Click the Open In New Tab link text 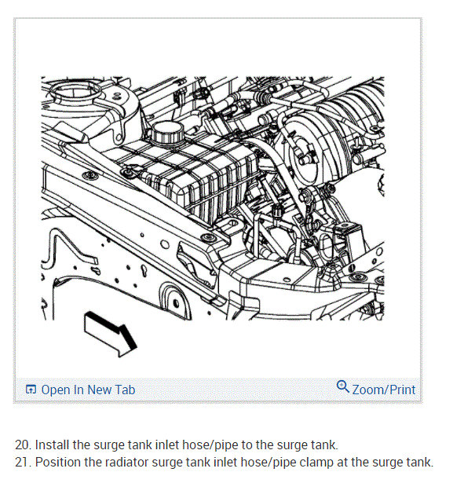pos(88,390)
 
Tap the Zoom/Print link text pos(383,390)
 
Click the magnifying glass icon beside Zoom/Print pos(343,386)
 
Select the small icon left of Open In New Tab pos(31,390)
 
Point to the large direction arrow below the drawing pos(111,335)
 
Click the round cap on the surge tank pos(168,132)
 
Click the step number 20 pos(24,445)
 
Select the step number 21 pos(24,462)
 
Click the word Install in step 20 pos(53,445)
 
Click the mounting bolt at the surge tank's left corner pos(128,172)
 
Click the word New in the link pos(99,390)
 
